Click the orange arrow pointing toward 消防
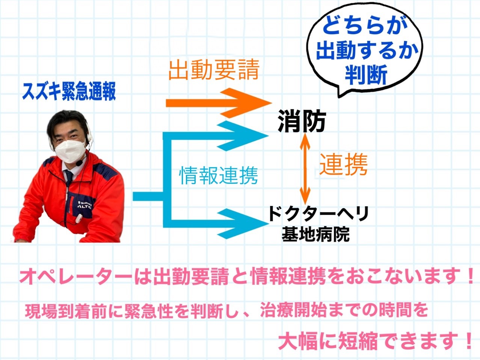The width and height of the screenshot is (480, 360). (219, 103)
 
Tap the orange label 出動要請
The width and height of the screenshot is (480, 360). (214, 70)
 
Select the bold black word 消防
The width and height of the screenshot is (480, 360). (302, 121)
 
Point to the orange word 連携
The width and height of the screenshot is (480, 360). (343, 164)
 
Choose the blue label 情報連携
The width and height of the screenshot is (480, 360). (219, 175)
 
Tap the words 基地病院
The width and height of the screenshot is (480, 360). (315, 234)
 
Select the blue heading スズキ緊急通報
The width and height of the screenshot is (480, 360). (69, 92)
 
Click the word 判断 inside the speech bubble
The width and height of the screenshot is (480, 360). (366, 75)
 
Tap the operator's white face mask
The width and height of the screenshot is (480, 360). (70, 151)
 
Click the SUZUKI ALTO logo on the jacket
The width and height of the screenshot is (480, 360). (85, 204)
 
